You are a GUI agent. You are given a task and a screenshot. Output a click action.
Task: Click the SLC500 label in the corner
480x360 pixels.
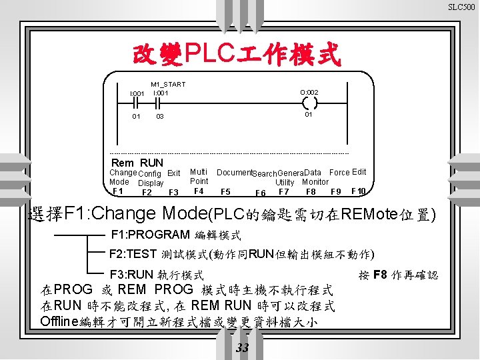(x=461, y=7)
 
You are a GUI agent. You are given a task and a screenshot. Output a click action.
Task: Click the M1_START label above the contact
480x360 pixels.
(x=168, y=85)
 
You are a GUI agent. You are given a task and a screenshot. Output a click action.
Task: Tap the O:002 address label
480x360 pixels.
(x=309, y=92)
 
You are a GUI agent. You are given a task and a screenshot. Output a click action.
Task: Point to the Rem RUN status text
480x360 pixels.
(x=137, y=163)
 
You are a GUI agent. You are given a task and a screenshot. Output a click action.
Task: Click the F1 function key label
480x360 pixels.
(x=117, y=191)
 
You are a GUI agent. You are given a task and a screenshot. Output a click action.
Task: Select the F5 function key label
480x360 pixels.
(x=225, y=192)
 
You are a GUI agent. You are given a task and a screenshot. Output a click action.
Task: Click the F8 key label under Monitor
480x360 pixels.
(x=311, y=192)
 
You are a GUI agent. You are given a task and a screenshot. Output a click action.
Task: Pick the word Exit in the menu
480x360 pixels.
(x=174, y=173)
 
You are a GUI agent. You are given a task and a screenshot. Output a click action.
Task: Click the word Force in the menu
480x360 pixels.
(x=339, y=172)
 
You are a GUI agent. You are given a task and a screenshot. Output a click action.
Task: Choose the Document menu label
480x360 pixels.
(x=234, y=173)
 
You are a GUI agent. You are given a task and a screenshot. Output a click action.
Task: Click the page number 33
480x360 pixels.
(x=242, y=348)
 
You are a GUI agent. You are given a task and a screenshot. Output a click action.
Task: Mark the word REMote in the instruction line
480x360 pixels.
(x=366, y=215)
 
